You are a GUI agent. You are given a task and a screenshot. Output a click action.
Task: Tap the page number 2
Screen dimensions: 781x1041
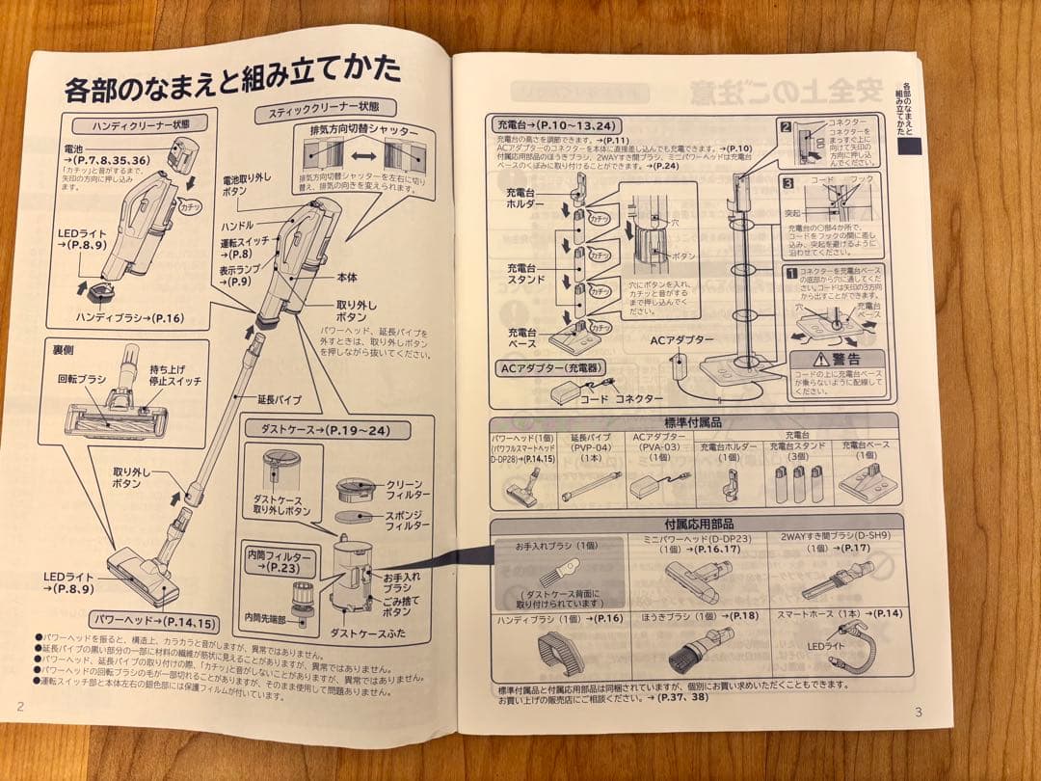pos(20,704)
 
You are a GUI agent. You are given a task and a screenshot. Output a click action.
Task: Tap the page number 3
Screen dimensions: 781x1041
pos(918,712)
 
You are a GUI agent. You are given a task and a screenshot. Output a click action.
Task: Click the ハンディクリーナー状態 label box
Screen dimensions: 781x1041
pos(134,123)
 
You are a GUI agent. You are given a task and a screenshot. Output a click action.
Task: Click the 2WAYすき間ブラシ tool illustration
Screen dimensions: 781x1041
pos(835,579)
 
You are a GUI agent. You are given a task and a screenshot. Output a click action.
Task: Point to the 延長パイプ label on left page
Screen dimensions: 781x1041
pos(280,397)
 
